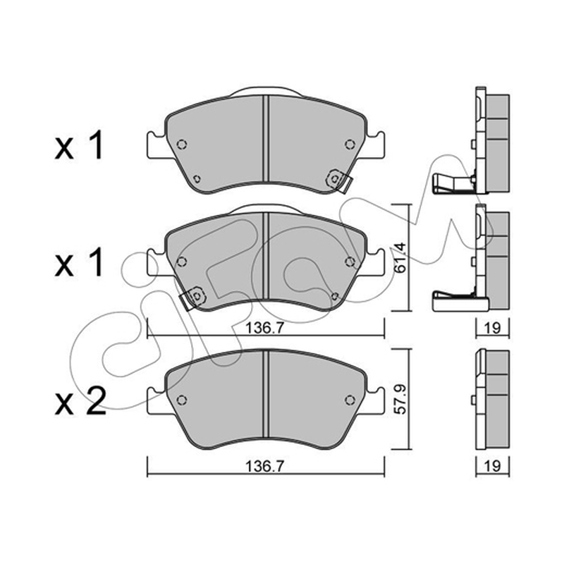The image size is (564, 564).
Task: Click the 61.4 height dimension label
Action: [401, 258]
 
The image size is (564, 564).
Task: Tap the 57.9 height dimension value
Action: [401, 399]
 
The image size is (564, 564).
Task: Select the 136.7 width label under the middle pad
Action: [265, 328]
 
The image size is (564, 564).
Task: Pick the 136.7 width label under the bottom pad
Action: [265, 466]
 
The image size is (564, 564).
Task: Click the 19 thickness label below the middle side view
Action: [492, 328]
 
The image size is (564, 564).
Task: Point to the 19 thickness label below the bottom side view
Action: [492, 466]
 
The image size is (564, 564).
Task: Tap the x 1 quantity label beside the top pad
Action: [79, 145]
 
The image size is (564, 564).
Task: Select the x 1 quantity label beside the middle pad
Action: [79, 262]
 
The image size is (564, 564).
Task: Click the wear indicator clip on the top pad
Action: [339, 180]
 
